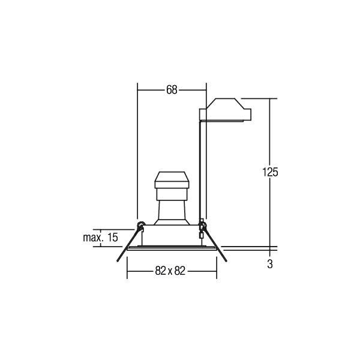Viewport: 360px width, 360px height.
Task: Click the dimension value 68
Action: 172,90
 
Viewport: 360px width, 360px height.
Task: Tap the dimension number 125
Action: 271,172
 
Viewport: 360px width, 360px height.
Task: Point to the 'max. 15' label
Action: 100,238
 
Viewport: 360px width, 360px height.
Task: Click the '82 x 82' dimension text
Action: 172,271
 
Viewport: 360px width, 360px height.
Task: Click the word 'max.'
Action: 93,238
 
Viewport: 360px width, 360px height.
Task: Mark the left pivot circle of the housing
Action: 140,226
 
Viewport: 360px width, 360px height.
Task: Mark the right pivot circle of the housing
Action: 202,226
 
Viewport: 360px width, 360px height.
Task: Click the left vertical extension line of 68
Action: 138,150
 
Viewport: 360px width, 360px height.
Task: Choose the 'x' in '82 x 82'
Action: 172,271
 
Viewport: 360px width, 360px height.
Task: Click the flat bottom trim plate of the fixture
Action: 172,247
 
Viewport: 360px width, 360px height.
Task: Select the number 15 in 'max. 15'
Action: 111,238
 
